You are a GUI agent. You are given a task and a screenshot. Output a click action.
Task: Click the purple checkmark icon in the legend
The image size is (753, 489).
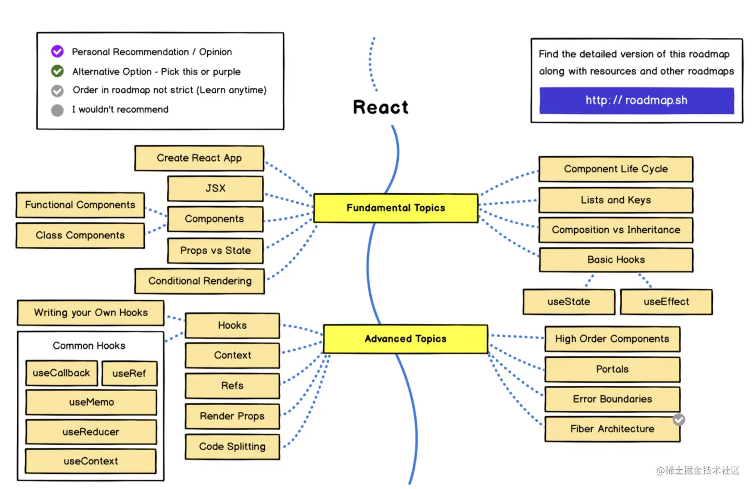coord(57,52)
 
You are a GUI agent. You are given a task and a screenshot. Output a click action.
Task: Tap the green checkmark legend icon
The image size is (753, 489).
coord(57,71)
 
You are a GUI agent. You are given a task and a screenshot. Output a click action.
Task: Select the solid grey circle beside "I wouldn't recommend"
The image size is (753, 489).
coord(57,110)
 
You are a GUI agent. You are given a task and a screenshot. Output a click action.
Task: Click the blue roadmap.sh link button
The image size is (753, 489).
coord(636,101)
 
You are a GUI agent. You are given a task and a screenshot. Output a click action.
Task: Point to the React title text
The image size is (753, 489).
coord(381,107)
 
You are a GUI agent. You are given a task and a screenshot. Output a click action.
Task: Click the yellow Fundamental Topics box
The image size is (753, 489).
coord(396,208)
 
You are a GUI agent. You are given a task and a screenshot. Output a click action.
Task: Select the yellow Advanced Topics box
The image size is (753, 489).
coord(405,339)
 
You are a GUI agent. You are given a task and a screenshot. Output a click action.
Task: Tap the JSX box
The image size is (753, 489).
coord(215,189)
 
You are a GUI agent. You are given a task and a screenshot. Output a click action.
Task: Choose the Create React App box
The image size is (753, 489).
coord(199,158)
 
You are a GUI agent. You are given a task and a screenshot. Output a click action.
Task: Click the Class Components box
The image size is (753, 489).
coord(80,235)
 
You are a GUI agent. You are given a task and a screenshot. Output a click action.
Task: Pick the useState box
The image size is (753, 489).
coord(569,302)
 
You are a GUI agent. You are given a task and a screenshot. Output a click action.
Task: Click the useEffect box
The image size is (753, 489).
coord(666,302)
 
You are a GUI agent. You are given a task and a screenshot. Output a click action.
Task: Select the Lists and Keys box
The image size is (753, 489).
coord(616,200)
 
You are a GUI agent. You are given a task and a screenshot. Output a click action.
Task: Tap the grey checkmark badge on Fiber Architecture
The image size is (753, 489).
coord(679,420)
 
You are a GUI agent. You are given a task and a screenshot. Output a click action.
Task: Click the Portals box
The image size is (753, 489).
coord(612,370)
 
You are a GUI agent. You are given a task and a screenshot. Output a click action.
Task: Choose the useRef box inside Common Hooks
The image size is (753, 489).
coord(129,373)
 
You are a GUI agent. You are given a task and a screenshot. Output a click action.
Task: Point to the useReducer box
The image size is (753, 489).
coord(91,432)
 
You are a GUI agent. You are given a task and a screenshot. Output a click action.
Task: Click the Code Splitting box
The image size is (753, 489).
coord(232,447)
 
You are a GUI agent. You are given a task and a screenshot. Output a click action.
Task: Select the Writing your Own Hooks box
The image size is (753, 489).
coord(91,313)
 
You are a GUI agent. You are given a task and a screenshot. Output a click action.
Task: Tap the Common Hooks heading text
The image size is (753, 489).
coord(89,346)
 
